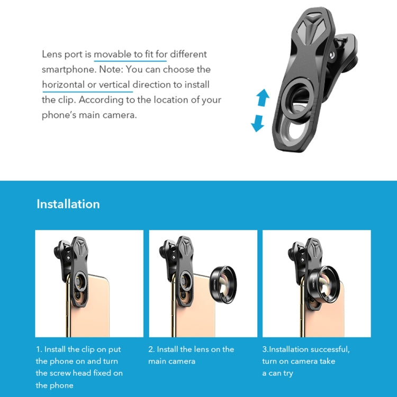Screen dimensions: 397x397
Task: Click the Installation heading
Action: click(68, 204)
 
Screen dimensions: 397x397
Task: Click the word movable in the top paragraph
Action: click(113, 54)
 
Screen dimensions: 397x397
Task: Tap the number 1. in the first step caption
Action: click(39, 349)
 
